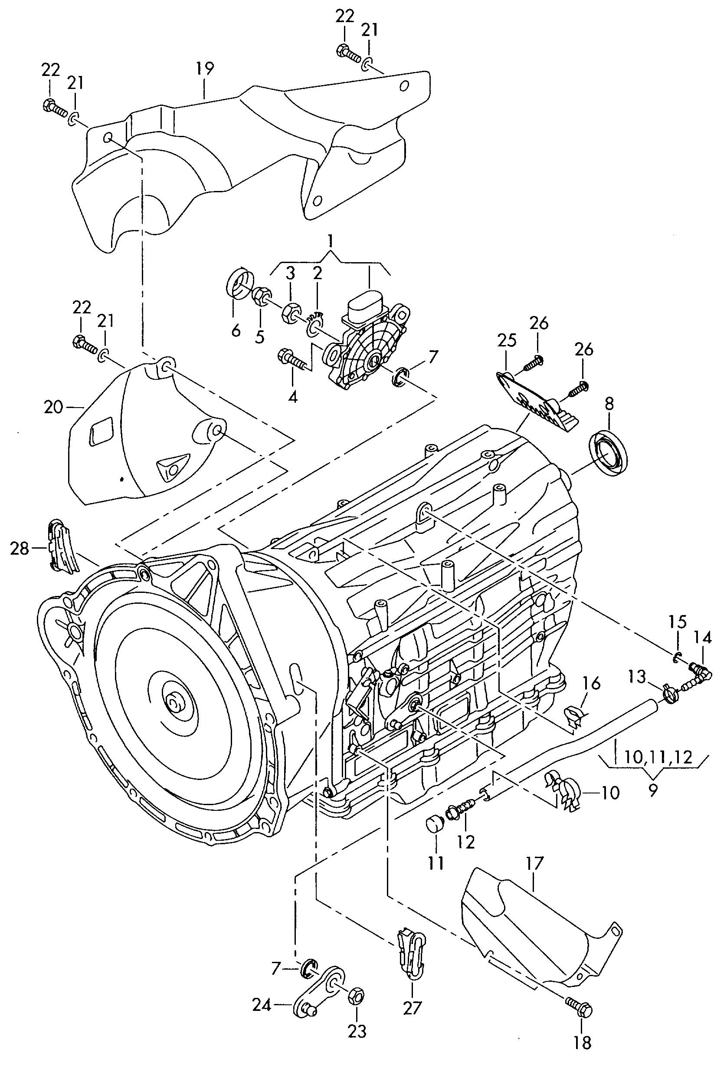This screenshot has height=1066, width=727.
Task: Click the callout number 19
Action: (x=204, y=69)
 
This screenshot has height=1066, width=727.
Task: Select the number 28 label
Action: (x=19, y=549)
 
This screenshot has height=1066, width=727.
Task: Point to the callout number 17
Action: (x=534, y=864)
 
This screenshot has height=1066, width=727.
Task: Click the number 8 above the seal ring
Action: (x=608, y=404)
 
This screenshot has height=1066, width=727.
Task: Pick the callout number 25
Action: (x=507, y=340)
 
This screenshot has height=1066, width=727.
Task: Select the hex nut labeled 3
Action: (x=291, y=313)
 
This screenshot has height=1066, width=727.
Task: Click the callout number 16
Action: (x=591, y=684)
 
